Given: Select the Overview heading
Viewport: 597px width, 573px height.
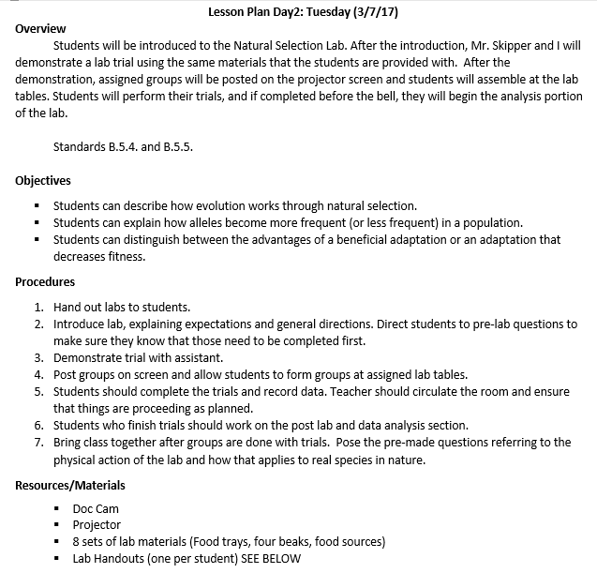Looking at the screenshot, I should [41, 28].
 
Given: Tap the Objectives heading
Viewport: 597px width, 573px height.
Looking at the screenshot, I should [43, 181].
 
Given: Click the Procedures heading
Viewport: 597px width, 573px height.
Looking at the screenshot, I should [45, 281].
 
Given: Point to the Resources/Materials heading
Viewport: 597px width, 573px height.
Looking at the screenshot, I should [70, 485].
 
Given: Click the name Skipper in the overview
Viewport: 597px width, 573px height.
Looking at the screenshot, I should [529, 45].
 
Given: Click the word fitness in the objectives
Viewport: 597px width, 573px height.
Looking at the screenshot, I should [125, 256].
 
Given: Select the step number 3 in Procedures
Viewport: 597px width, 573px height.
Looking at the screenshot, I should [38, 358].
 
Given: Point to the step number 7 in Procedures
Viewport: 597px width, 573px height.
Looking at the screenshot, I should [38, 443].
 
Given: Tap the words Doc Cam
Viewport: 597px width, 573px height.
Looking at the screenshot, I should [96, 508].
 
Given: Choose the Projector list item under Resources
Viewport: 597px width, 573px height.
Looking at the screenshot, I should [97, 525].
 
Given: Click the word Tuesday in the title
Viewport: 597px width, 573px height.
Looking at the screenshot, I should [320, 11].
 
